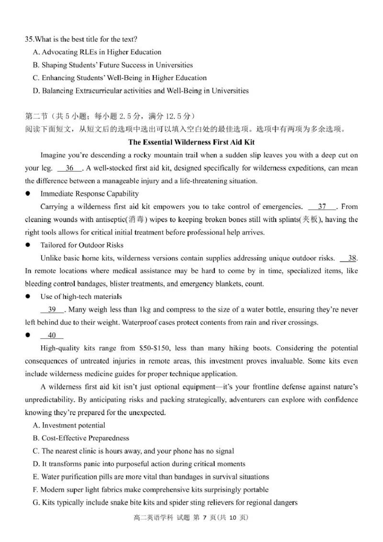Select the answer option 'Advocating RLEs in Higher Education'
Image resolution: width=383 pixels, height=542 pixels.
(101, 52)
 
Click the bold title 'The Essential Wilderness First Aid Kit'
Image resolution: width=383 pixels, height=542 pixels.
(191, 142)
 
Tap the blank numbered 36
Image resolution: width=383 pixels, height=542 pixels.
(70, 168)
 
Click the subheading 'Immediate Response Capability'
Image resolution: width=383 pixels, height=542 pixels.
(90, 194)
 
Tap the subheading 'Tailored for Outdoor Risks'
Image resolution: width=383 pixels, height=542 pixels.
(82, 245)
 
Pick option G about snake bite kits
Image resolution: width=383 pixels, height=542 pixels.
(165, 503)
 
